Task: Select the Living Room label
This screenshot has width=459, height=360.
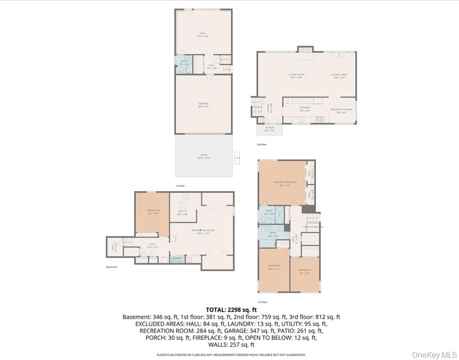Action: [296, 75]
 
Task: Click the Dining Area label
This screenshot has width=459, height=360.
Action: [339, 75]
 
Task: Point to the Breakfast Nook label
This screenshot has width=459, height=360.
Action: [341, 110]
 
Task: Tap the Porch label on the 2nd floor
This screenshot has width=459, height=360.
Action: [269, 128]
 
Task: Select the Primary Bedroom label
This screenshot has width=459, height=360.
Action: [285, 183]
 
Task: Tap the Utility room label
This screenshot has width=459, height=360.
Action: [182, 212]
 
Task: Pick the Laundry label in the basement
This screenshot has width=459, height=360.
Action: [177, 259]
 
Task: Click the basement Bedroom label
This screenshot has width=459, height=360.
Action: [153, 211]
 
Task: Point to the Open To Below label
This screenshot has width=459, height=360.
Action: [313, 227]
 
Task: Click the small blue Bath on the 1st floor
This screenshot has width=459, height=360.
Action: [181, 64]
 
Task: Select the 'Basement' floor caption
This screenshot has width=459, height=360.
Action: [112, 267]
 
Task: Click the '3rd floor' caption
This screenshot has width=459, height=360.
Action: [262, 302]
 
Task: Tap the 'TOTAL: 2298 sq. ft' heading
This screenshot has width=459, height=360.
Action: [232, 309]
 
